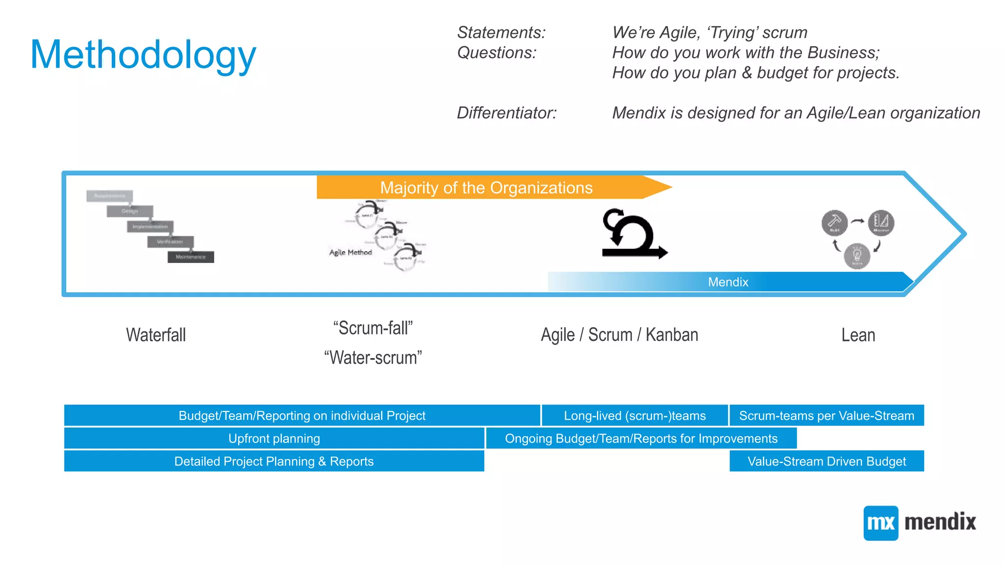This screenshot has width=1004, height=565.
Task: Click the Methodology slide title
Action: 143,55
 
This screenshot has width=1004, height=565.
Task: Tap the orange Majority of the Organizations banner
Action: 486,187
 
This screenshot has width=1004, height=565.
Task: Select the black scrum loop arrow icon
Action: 633,234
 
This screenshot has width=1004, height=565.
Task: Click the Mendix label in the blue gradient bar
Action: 728,282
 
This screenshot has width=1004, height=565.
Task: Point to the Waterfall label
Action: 156,335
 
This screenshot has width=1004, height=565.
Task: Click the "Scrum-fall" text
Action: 373,328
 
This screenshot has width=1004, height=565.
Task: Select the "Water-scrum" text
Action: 373,358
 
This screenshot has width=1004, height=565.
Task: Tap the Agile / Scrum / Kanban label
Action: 619,335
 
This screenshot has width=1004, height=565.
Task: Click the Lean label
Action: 858,335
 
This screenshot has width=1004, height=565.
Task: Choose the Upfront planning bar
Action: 274,438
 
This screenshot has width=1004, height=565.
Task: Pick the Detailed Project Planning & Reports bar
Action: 274,462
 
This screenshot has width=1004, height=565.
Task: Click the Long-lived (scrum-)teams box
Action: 634,416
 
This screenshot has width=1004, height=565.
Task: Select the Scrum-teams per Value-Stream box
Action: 827,416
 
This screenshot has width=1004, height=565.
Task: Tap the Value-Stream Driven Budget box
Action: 827,462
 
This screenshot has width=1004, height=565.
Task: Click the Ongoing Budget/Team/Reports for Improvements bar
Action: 641,438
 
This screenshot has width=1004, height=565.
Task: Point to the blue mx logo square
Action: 880,523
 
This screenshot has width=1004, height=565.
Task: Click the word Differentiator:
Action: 506,113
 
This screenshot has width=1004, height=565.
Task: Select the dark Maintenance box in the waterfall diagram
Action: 191,257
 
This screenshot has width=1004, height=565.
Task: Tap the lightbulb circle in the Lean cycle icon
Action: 857,256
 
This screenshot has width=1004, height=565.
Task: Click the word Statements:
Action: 501,32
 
